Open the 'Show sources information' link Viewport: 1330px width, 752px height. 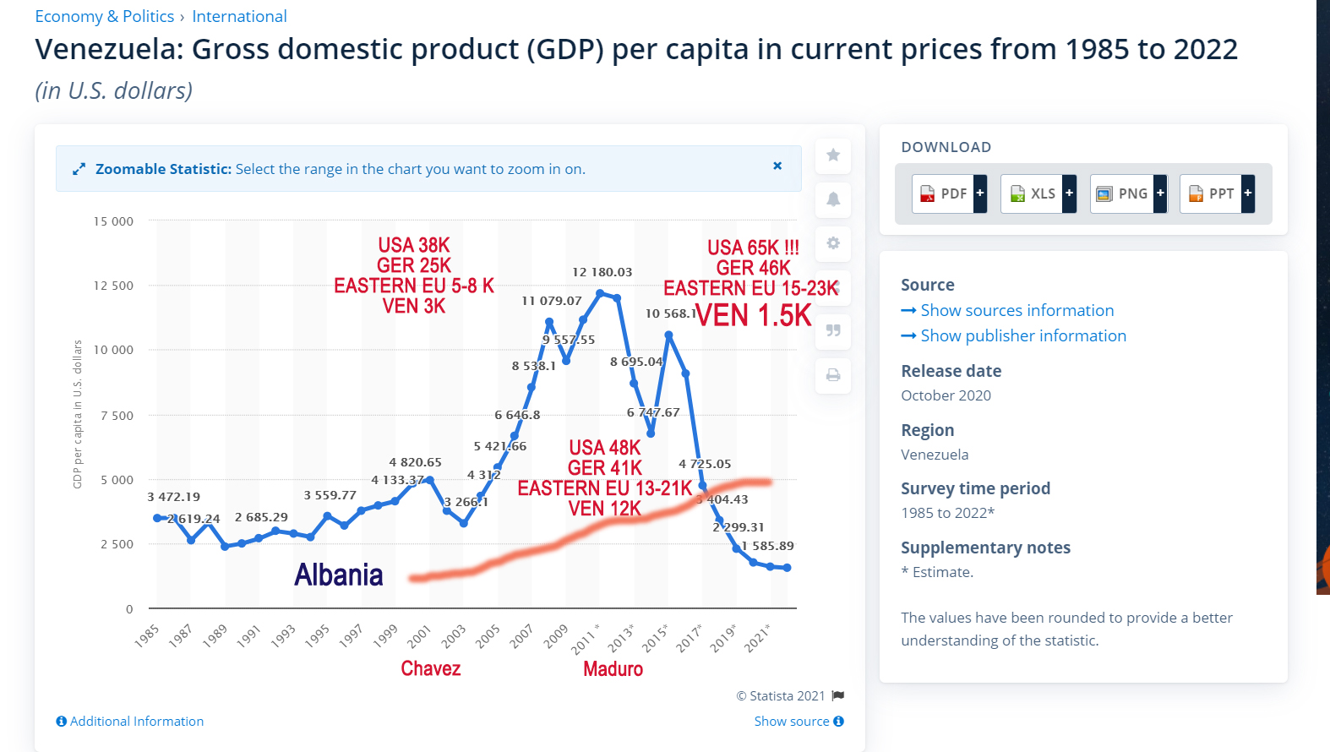click(1017, 310)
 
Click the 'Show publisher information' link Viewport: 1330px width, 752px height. click(1022, 335)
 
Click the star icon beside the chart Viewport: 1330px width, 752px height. click(833, 155)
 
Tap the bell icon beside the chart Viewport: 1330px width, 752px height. click(833, 199)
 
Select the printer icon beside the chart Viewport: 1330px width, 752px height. click(833, 375)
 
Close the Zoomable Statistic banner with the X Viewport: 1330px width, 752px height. click(777, 166)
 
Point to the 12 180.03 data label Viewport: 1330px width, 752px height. click(602, 272)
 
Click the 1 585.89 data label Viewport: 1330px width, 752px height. click(767, 546)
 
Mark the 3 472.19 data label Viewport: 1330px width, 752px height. click(173, 497)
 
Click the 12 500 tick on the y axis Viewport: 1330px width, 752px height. click(113, 286)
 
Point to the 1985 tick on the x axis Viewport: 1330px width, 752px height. click(147, 635)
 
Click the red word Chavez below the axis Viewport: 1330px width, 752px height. click(431, 669)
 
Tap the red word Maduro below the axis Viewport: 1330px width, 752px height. click(613, 669)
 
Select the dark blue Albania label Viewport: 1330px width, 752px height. click(339, 575)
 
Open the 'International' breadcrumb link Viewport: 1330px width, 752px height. click(239, 16)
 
